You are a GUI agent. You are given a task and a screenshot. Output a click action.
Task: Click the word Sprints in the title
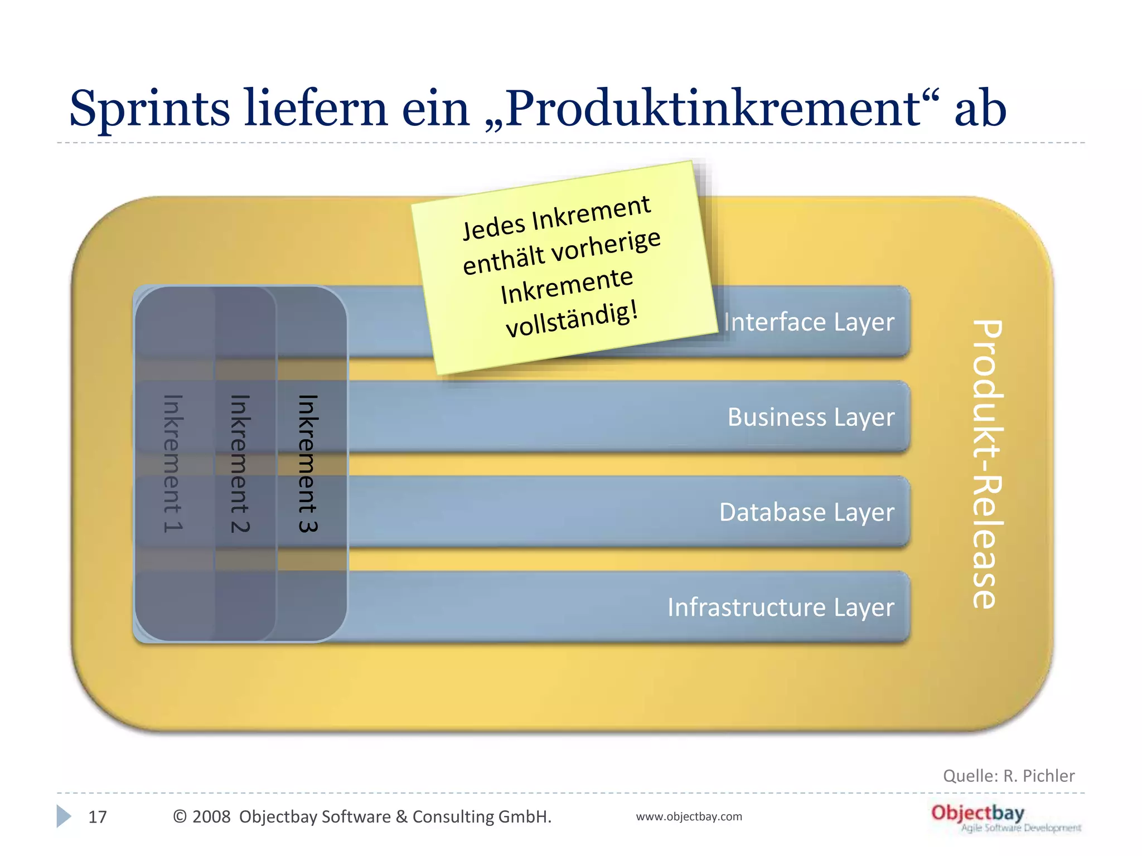tap(149, 109)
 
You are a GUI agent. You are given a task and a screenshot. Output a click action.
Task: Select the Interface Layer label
tap(809, 322)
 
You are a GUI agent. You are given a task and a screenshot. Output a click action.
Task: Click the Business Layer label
tap(811, 417)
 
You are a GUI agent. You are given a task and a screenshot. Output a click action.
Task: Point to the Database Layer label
tap(806, 512)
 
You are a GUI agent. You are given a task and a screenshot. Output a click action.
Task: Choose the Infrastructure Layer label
tap(781, 607)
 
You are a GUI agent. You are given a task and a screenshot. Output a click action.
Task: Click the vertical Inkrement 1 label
tap(173, 464)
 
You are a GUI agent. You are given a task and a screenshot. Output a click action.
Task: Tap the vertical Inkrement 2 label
tap(240, 464)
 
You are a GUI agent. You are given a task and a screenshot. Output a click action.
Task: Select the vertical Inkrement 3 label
tap(308, 464)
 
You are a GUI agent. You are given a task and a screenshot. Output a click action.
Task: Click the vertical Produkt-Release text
tap(988, 464)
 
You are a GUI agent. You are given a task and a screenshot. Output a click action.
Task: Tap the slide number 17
tap(98, 817)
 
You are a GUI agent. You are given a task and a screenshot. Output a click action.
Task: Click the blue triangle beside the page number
tap(64, 816)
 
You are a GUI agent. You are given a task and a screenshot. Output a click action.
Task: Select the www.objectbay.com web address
tap(689, 816)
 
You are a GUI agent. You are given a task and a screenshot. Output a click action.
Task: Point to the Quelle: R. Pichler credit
tap(1008, 776)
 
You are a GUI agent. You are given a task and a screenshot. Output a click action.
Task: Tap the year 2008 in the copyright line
tap(211, 817)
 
